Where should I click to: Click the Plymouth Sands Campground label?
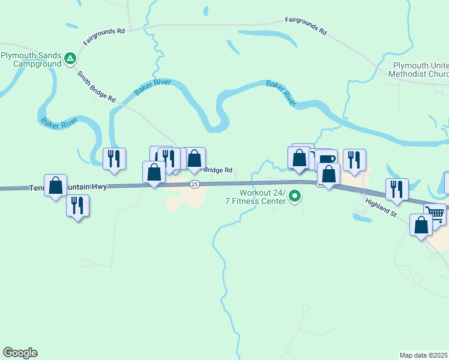[x=31, y=59]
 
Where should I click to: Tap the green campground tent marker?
[x=70, y=58]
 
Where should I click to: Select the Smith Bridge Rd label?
[x=96, y=86]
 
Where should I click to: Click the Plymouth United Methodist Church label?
[x=420, y=70]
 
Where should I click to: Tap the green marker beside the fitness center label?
[x=295, y=196]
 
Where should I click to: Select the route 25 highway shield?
[x=194, y=184]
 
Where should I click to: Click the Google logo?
[x=20, y=353]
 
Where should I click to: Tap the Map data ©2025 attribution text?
[x=424, y=355]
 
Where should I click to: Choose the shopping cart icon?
[x=435, y=213]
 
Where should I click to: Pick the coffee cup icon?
[x=327, y=159]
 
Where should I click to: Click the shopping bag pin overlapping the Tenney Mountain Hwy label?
[x=56, y=185]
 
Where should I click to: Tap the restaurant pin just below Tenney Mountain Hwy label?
[x=77, y=206]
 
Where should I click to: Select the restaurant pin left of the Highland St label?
[x=397, y=190]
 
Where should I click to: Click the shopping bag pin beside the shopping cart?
[x=421, y=225]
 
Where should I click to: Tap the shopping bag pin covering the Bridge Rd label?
[x=194, y=159]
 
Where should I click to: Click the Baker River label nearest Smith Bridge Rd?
[x=152, y=87]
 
